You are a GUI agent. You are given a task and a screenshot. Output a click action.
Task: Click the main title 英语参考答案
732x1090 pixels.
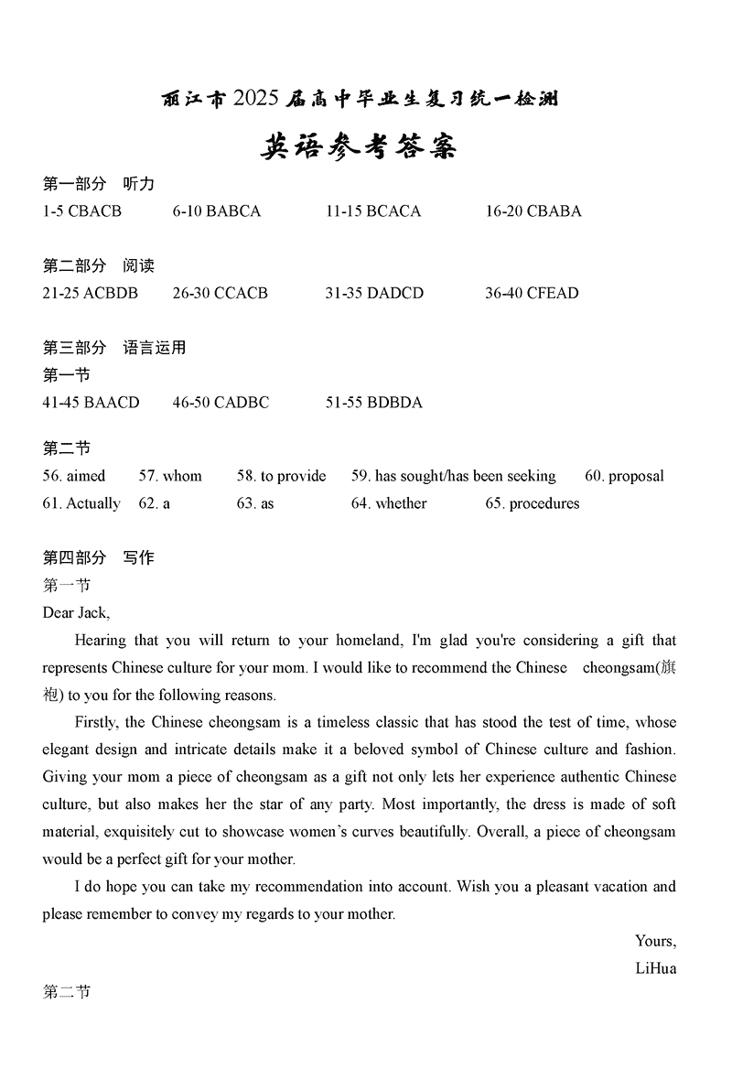coord(359,146)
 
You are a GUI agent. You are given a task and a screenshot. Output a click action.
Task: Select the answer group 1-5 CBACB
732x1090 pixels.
coord(81,211)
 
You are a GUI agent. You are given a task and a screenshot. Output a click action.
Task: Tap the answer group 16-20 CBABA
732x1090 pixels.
coord(533,211)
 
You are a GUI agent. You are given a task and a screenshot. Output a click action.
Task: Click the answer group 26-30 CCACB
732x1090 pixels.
coord(220,294)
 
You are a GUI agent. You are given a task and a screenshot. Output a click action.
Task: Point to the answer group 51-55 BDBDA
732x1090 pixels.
coord(373,403)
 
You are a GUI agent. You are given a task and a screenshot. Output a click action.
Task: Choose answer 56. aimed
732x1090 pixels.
coord(74,476)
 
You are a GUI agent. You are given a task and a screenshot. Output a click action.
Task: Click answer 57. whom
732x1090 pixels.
coord(170,476)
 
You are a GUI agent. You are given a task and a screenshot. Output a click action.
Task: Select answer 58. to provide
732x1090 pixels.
coord(281,476)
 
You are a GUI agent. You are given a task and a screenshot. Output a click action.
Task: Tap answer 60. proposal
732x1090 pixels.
coord(624,476)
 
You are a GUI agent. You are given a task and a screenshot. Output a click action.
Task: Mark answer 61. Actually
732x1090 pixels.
coord(81,503)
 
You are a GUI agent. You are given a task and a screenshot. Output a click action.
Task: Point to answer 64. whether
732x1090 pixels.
coord(389,503)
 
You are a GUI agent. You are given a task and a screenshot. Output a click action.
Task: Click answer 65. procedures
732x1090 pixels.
coord(532,503)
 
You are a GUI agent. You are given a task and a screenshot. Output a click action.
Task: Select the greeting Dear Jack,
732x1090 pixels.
coord(76,613)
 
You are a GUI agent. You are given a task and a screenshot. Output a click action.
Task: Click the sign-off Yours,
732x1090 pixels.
coord(655,941)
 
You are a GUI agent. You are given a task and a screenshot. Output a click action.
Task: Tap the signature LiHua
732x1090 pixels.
coord(655,968)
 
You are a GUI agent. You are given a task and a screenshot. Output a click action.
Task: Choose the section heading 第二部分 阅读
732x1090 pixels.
coord(99,266)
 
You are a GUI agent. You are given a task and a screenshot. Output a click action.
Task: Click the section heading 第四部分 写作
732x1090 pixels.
coord(99,558)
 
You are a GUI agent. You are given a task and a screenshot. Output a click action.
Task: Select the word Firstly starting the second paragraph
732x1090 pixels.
coord(96,723)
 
